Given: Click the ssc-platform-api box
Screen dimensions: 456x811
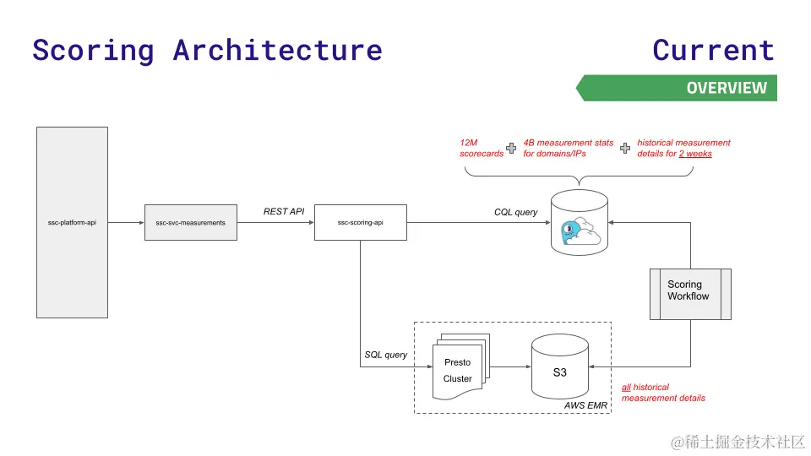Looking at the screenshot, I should click(x=72, y=222).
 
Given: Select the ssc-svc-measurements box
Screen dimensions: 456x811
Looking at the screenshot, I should click(x=190, y=222).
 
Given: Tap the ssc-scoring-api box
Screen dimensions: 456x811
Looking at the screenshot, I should click(x=360, y=222).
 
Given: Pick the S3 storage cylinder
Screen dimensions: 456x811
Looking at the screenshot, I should click(x=560, y=369).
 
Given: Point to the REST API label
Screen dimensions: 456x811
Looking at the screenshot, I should click(x=284, y=211).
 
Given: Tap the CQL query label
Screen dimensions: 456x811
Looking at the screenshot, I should click(x=515, y=212).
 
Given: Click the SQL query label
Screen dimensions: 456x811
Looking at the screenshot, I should click(x=385, y=355).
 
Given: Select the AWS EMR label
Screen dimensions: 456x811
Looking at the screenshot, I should click(x=585, y=405).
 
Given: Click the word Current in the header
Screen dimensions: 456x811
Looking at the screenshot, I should click(x=713, y=50).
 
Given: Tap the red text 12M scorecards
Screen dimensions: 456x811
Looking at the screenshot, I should click(x=481, y=148).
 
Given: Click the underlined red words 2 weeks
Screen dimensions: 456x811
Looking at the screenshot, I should click(x=695, y=154).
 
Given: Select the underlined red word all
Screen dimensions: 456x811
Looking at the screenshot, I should click(x=626, y=387).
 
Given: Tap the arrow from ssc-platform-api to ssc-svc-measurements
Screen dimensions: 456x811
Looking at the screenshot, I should click(x=126, y=222).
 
